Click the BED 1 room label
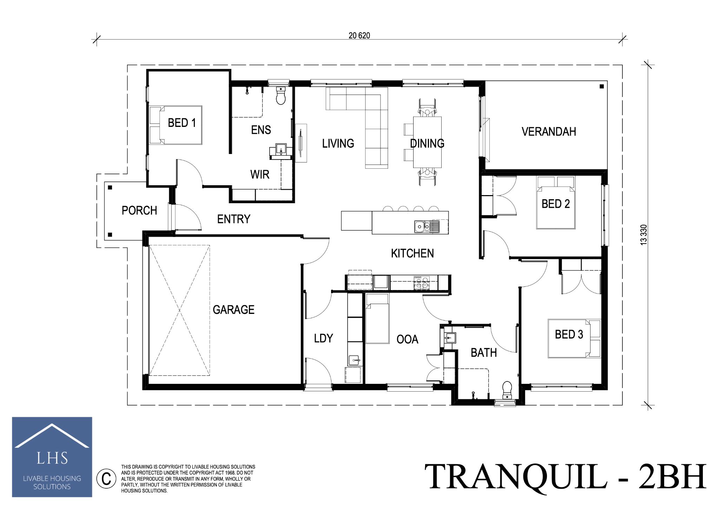(182, 123)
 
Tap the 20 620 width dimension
(359, 36)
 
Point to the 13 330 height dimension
(643, 234)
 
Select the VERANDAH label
(548, 132)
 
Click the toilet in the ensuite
(281, 96)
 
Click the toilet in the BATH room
(507, 390)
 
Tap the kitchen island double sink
(426, 226)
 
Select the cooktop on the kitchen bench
(421, 282)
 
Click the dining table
(427, 142)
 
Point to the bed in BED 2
(556, 207)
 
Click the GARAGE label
(233, 310)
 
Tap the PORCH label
(139, 211)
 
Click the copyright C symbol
(106, 478)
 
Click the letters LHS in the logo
(52, 458)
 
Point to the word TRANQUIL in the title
(516, 477)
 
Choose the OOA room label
(407, 340)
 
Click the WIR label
(259, 174)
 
